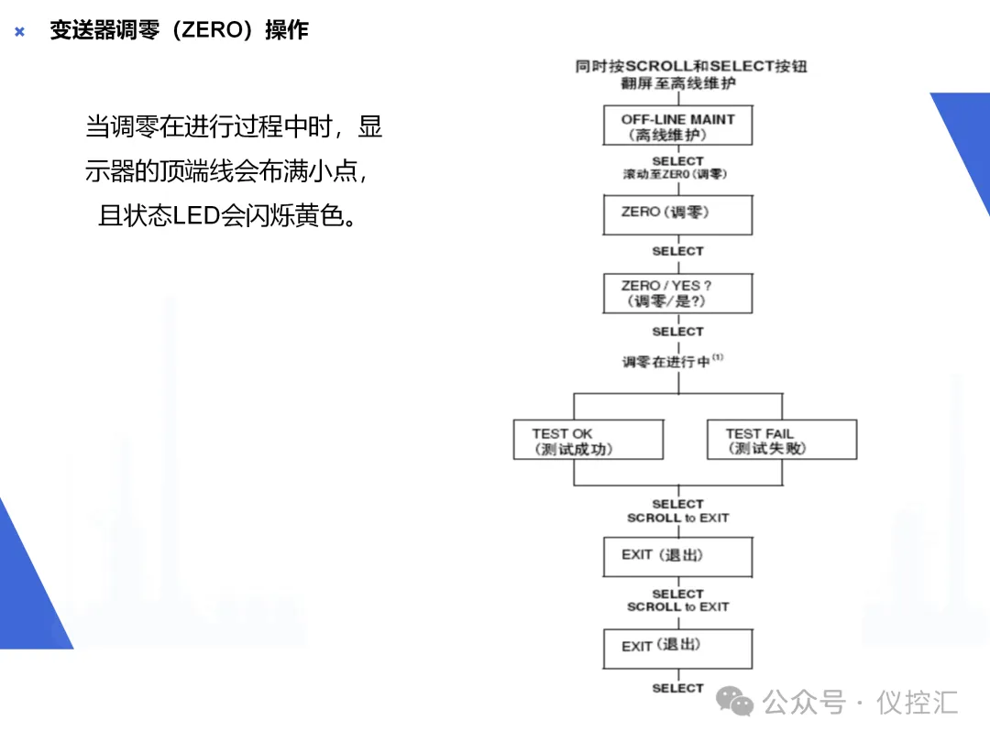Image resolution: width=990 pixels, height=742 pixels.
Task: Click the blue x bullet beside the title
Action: [19, 32]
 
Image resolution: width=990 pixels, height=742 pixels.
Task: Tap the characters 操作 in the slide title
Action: [287, 30]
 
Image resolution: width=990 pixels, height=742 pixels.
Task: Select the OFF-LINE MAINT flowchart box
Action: [677, 125]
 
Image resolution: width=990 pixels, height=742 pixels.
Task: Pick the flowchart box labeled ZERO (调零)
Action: [677, 214]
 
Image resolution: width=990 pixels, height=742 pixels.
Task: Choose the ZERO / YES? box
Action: [677, 293]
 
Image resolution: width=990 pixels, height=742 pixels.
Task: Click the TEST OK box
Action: [588, 440]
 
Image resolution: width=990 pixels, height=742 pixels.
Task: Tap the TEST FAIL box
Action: [782, 440]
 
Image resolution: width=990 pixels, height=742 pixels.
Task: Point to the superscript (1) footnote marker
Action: [718, 358]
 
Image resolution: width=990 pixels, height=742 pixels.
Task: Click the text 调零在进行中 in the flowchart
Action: [665, 362]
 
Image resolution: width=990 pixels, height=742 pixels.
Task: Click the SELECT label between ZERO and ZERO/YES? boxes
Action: [677, 251]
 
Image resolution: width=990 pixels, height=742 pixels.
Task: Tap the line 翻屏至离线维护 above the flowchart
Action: [677, 83]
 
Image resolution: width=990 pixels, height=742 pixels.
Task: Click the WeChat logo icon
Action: [735, 702]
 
